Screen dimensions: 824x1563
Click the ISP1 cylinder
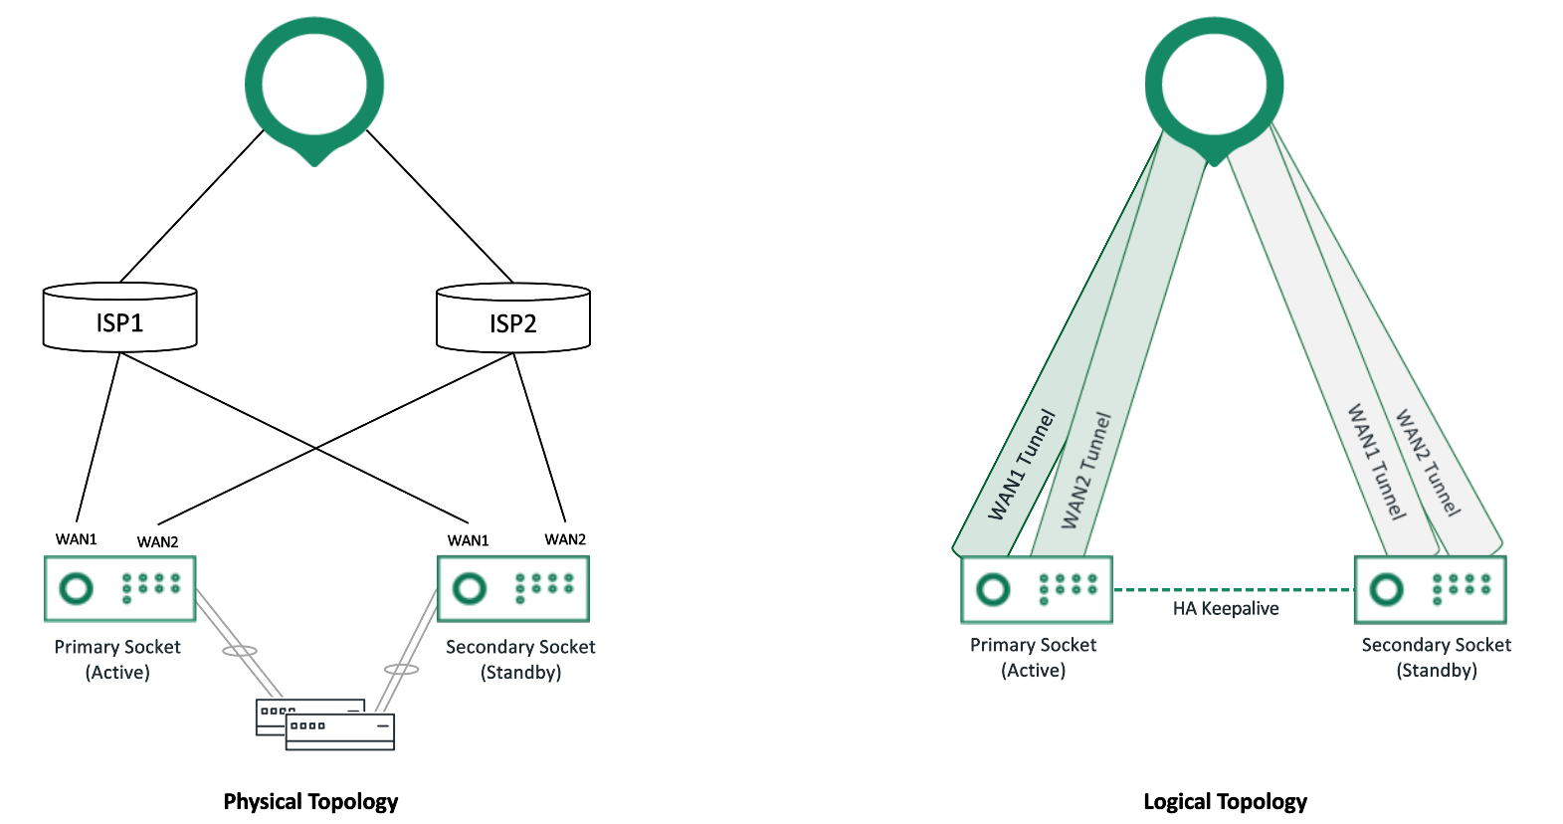pos(119,318)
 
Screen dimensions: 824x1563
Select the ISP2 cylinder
pos(513,319)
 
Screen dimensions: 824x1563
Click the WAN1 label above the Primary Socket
pos(77,539)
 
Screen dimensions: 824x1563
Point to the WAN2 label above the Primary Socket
pos(157,542)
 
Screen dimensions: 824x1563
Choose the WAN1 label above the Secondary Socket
pos(468,540)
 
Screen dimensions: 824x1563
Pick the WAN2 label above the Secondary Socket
pos(565,539)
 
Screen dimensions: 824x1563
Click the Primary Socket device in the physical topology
pos(120,588)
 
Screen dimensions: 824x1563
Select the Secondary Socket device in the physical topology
pos(513,588)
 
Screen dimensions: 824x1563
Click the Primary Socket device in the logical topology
pos(1037,589)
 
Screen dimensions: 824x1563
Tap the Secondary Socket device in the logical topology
pos(1430,589)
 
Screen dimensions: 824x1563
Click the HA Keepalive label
pos(1226,609)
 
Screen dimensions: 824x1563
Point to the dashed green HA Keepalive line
pos(1234,590)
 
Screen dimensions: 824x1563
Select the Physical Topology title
pos(310,802)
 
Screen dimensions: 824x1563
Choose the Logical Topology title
pos(1225,802)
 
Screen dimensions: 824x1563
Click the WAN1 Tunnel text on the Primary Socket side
pos(1021,465)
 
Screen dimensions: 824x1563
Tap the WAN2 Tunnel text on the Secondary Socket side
pos(1428,463)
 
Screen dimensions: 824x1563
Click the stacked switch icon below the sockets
pos(326,724)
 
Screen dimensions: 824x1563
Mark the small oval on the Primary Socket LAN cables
pos(239,651)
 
